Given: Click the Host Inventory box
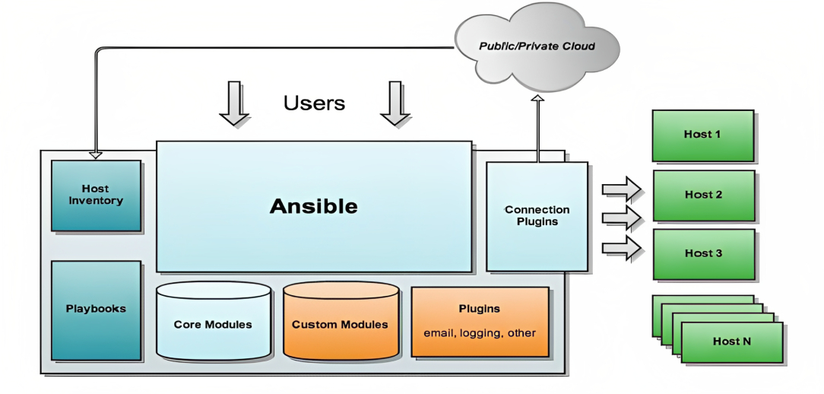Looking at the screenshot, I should [x=96, y=195].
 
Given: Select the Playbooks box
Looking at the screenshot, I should [x=96, y=310].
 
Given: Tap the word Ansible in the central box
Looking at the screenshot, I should [x=313, y=206].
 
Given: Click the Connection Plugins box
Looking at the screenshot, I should [x=537, y=216].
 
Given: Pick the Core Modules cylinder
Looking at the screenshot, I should [x=213, y=323].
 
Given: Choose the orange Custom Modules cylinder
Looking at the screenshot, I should [x=340, y=323].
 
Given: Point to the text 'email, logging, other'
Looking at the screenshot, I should [x=480, y=333].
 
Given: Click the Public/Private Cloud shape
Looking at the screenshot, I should [x=537, y=46].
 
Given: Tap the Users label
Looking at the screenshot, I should [x=314, y=103].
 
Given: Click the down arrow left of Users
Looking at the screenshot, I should [x=234, y=103].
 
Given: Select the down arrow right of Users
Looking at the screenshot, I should [x=395, y=103].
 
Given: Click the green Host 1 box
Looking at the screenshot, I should [x=703, y=135].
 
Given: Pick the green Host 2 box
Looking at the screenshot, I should [x=703, y=195].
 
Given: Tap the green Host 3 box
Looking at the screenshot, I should [x=703, y=253].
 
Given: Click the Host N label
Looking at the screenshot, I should [x=731, y=342].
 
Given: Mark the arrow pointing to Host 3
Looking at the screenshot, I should [x=622, y=247].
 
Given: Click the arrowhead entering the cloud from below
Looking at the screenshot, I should [x=537, y=100].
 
